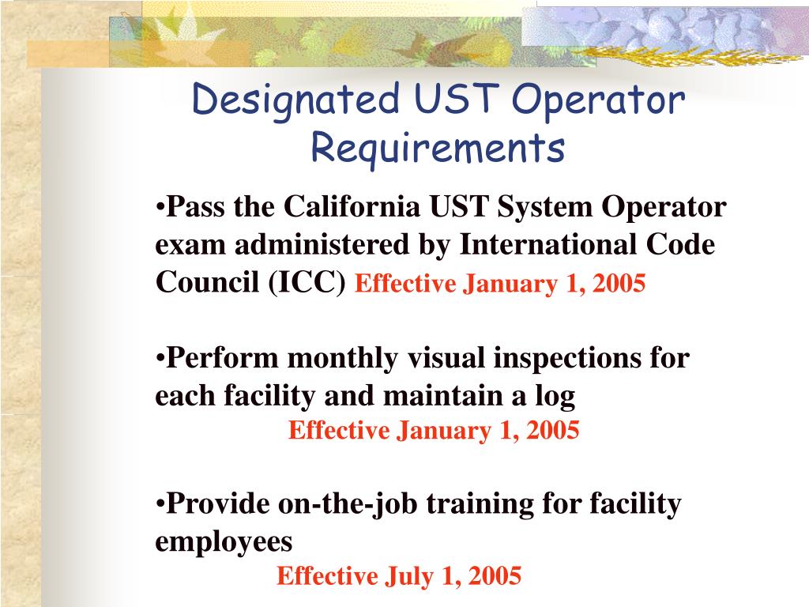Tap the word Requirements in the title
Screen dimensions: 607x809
pyautogui.click(x=437, y=148)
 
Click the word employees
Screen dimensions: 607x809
pyautogui.click(x=224, y=542)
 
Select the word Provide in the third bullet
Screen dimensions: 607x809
pyautogui.click(x=219, y=503)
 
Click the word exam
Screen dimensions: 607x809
pyautogui.click(x=186, y=246)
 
